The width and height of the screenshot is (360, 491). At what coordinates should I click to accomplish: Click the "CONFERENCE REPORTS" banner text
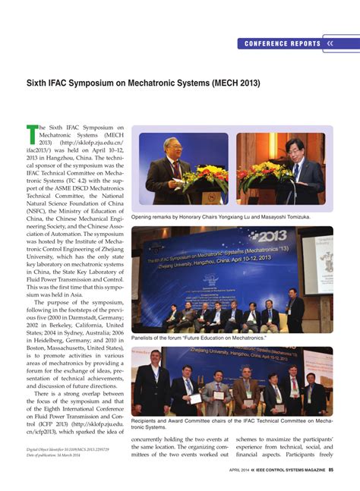(283, 44)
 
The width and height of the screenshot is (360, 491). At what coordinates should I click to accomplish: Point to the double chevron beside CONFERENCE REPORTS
(330, 44)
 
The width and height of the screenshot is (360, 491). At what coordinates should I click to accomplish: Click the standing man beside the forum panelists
(294, 308)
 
